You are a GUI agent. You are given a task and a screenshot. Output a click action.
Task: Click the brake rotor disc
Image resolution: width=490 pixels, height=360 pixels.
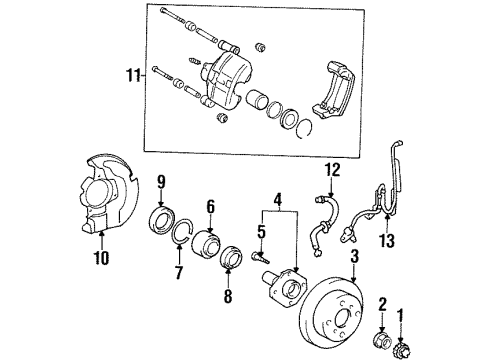(x=349, y=319)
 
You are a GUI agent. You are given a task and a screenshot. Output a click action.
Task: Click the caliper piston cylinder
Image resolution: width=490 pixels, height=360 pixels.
(x=256, y=101)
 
